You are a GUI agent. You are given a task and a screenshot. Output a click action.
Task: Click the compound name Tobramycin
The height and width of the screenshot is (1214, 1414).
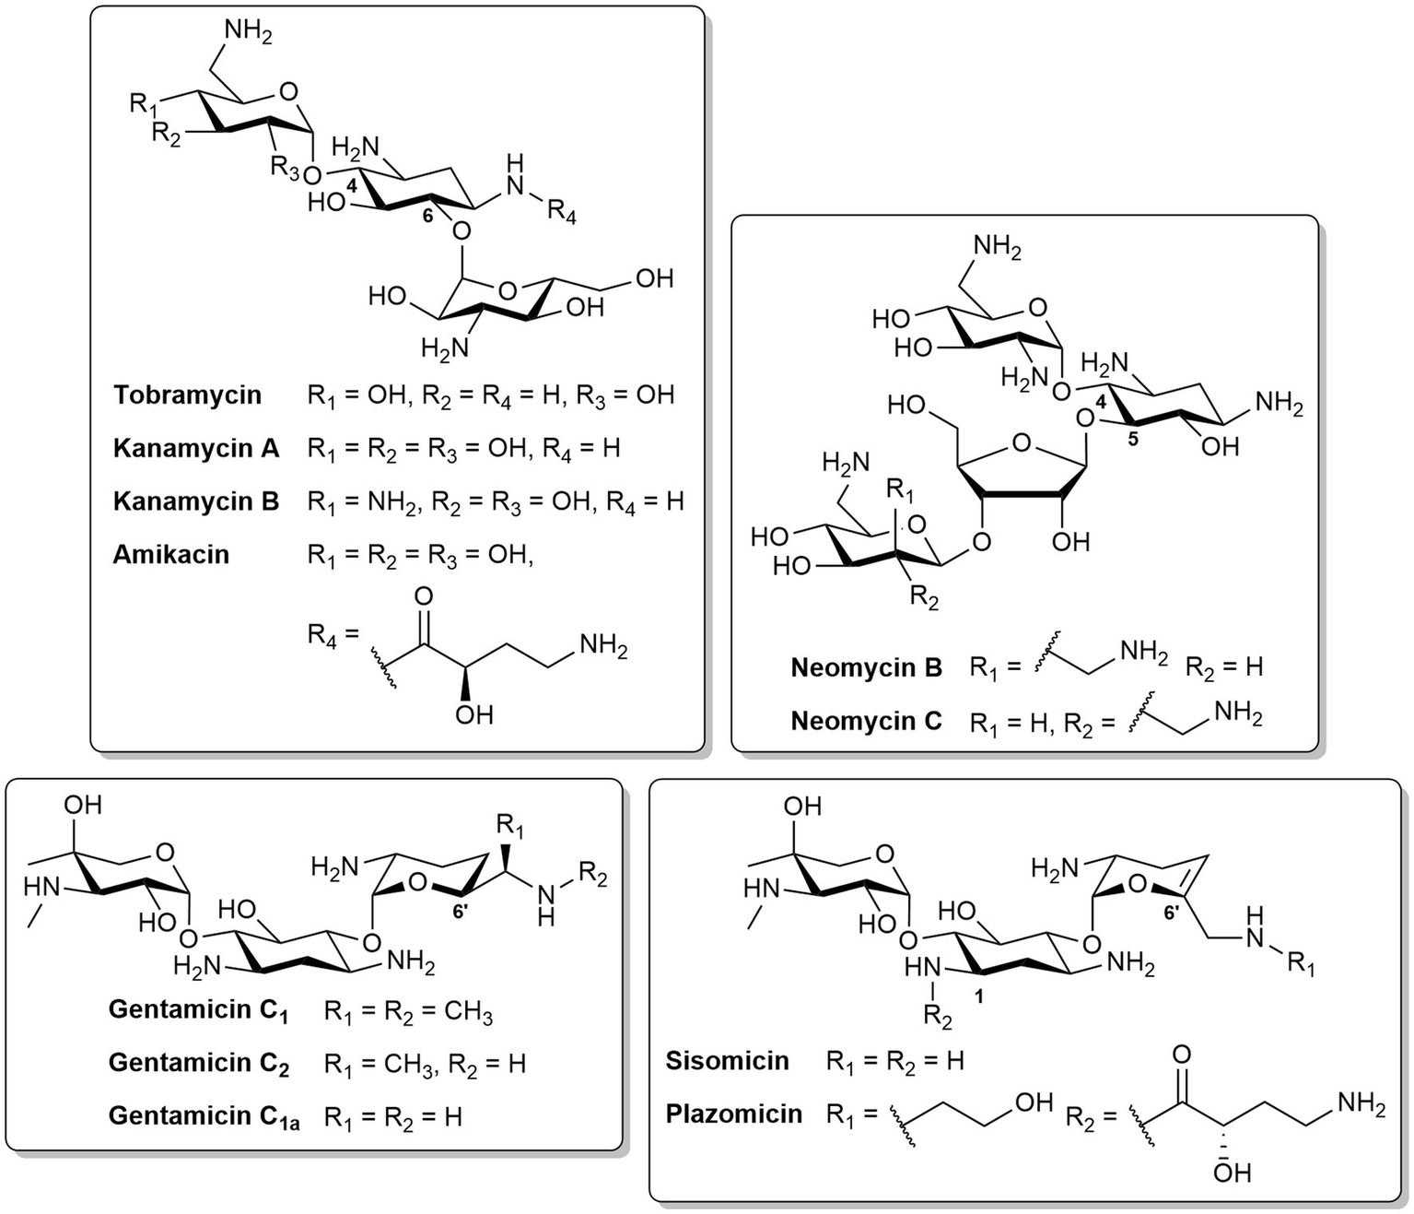tap(188, 395)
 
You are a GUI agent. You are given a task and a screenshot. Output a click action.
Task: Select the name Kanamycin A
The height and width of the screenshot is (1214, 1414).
tap(195, 449)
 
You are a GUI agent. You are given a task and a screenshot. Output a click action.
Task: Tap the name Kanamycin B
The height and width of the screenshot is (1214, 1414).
tap(195, 501)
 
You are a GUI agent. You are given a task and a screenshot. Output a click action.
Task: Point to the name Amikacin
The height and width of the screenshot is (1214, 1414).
tap(170, 555)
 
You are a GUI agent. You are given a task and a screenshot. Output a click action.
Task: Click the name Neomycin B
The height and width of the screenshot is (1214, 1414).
tap(866, 667)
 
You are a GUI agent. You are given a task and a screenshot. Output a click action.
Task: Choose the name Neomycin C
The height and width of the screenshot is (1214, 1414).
tap(866, 721)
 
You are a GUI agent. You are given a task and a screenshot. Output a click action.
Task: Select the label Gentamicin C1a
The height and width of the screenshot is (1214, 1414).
tap(204, 1116)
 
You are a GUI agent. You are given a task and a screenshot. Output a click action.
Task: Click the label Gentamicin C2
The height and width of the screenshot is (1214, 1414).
tap(199, 1064)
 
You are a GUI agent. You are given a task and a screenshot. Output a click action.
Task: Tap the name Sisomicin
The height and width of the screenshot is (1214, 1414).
tap(727, 1061)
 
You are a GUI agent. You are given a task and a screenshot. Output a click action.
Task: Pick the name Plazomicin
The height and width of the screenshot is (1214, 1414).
tap(733, 1114)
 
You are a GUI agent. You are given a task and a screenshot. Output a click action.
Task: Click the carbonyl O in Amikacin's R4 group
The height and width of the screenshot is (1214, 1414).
tap(424, 596)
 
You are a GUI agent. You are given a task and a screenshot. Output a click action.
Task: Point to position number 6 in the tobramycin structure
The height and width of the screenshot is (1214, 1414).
tap(427, 216)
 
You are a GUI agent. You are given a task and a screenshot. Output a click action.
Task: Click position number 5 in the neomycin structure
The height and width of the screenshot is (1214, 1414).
tap(1133, 440)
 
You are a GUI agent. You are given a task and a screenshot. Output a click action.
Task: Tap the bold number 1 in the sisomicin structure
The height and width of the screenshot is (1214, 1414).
tap(978, 997)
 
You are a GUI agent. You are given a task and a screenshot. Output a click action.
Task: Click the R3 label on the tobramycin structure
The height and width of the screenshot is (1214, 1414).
tap(285, 168)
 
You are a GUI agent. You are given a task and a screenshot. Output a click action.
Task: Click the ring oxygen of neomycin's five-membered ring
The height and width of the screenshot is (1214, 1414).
tap(1021, 444)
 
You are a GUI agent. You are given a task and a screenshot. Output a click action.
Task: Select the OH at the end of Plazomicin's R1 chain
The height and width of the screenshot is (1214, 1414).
tap(1033, 1102)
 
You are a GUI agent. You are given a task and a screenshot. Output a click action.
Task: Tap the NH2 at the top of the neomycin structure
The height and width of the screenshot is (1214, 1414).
tap(997, 247)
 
